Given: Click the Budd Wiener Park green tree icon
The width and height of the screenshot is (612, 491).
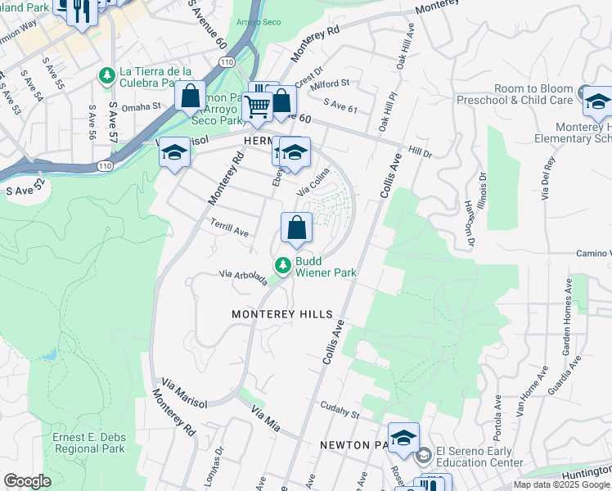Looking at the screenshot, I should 282,264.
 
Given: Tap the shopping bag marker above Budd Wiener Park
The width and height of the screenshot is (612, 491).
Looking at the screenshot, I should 296,228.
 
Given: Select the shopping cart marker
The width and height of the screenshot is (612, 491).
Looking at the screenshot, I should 257,107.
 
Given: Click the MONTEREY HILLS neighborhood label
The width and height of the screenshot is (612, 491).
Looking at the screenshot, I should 282,314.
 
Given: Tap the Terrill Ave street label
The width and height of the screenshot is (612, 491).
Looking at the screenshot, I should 229,232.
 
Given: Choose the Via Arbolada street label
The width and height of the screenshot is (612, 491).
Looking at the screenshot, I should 243,278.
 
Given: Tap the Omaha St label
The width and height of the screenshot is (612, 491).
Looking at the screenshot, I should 142,106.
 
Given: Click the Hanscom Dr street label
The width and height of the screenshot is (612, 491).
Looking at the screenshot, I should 469,223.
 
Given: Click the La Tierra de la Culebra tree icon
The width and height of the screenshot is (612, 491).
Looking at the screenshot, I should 106,76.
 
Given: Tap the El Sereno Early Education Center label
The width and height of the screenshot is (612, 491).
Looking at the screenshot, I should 479,456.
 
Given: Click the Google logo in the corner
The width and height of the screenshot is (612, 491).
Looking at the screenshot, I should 27,481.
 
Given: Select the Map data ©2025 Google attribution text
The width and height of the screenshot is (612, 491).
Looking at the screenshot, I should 561,484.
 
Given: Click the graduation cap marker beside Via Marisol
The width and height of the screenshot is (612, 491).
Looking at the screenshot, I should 174,153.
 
